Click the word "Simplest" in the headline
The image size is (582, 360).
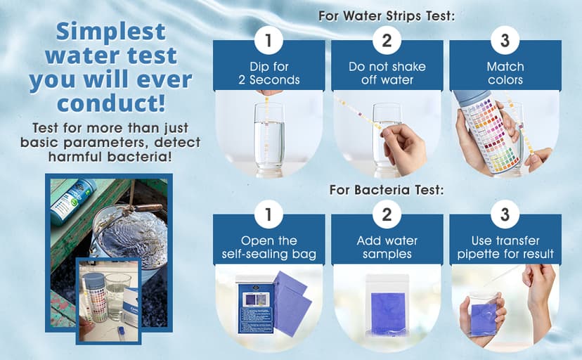pos(110,32)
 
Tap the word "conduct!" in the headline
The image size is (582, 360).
pos(111,103)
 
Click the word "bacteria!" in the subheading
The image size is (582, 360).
pos(140,157)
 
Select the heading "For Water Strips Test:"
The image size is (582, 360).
pos(387,16)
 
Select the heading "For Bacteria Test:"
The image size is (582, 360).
pos(387,190)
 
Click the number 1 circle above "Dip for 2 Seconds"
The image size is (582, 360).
pos(269,40)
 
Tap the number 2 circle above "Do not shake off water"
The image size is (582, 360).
pos(387,40)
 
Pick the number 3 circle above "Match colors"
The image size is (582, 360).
pos(505,40)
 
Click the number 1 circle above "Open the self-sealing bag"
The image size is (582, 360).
pos(269,214)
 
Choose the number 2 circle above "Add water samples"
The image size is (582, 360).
pos(387,214)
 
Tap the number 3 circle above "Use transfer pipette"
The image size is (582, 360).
pos(505,214)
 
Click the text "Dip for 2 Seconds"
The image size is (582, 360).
pos(269,73)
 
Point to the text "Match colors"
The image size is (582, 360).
pos(505,73)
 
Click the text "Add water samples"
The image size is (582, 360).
pos(387,247)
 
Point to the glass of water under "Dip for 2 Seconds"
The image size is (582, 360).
pos(269,139)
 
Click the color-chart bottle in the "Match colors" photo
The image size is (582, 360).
pos(487,131)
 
